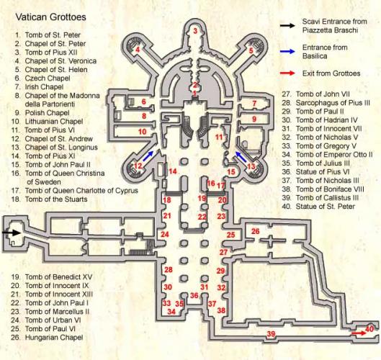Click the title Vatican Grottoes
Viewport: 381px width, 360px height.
tap(51, 17)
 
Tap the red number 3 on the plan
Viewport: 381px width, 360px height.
tap(195, 31)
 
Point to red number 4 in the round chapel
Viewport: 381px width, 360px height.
tap(138, 50)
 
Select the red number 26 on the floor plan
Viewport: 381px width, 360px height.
tap(256, 231)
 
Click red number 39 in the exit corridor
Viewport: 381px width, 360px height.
tap(271, 334)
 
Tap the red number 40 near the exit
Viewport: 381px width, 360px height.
tap(369, 329)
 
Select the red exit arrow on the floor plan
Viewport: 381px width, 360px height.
tap(359, 333)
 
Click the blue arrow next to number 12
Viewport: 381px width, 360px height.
tap(148, 156)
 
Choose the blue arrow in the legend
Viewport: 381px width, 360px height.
tap(287, 51)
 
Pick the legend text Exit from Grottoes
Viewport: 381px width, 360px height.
tap(331, 73)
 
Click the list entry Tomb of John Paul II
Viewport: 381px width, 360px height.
tap(58, 165)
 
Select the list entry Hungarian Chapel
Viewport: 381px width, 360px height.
tap(54, 338)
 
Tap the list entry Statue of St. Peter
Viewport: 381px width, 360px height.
tap(326, 207)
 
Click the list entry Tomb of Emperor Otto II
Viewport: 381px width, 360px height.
tap(334, 155)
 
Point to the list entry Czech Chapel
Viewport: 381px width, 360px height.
tap(48, 78)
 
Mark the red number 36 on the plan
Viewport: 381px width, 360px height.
tap(194, 295)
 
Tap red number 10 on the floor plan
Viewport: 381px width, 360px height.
tap(143, 132)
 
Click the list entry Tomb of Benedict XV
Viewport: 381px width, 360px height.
tap(58, 277)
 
